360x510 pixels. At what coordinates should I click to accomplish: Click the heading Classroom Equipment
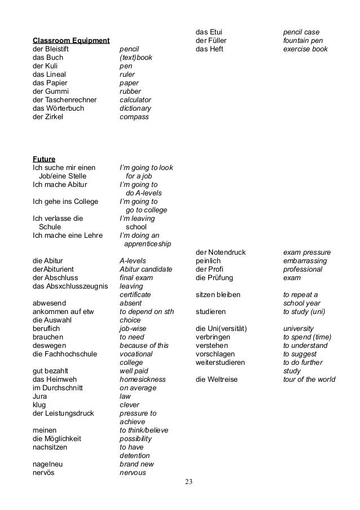(71, 41)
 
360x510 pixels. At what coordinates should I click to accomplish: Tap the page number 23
(188, 482)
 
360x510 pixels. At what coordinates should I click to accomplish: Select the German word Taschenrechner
(71, 100)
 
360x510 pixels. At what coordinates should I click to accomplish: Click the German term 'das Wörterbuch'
(60, 108)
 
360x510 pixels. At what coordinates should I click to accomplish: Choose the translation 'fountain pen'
(303, 41)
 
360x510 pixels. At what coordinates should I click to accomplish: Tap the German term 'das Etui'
(209, 32)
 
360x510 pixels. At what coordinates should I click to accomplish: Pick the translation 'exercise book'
(305, 49)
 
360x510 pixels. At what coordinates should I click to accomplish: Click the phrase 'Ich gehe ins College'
(65, 202)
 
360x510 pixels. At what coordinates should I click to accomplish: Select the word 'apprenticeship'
(147, 244)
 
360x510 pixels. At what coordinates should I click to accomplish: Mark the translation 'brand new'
(138, 464)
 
